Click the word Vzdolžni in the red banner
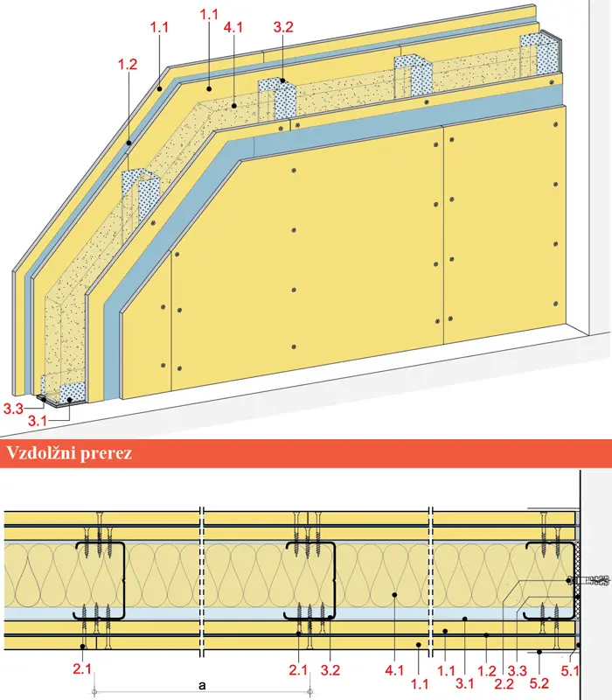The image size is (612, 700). (41, 453)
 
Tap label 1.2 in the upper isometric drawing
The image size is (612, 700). (128, 64)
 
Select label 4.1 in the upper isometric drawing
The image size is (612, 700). (233, 27)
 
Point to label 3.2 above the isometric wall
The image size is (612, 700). (283, 27)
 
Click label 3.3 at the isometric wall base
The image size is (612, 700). (13, 409)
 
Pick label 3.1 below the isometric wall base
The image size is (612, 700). (38, 421)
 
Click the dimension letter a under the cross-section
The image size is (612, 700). (202, 685)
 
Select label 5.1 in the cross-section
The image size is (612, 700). (570, 671)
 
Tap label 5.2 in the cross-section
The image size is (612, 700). (539, 683)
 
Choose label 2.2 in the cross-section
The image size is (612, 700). (504, 683)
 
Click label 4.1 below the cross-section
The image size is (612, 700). (394, 670)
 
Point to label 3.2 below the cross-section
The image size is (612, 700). (330, 670)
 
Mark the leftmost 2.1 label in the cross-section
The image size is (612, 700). (82, 668)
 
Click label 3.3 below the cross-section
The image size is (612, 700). (518, 670)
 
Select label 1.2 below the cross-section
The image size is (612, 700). (487, 670)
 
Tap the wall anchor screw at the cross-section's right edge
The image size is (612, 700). (591, 581)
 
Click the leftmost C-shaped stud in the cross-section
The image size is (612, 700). (100, 581)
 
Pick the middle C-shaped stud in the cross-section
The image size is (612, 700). (310, 581)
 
